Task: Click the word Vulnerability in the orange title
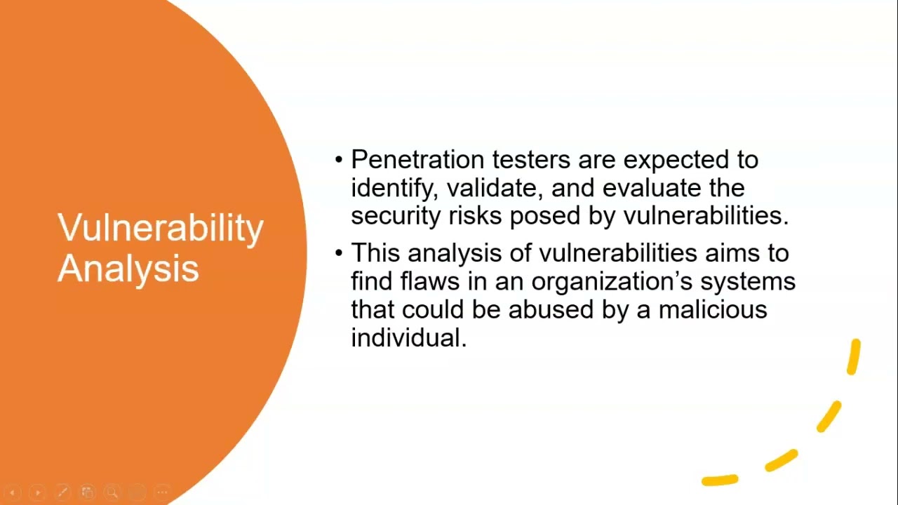(160, 229)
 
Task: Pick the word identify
(394, 189)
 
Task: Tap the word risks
(476, 215)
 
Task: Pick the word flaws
(429, 281)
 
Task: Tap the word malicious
(712, 309)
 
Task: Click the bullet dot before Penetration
(339, 161)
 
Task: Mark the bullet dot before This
(339, 252)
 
